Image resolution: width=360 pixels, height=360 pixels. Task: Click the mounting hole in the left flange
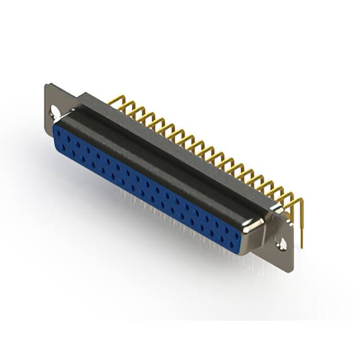(55, 111)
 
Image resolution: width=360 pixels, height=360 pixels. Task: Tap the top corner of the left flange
(47, 85)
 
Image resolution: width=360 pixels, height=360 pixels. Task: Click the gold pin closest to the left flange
(112, 101)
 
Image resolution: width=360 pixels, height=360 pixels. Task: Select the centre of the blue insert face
(147, 188)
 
